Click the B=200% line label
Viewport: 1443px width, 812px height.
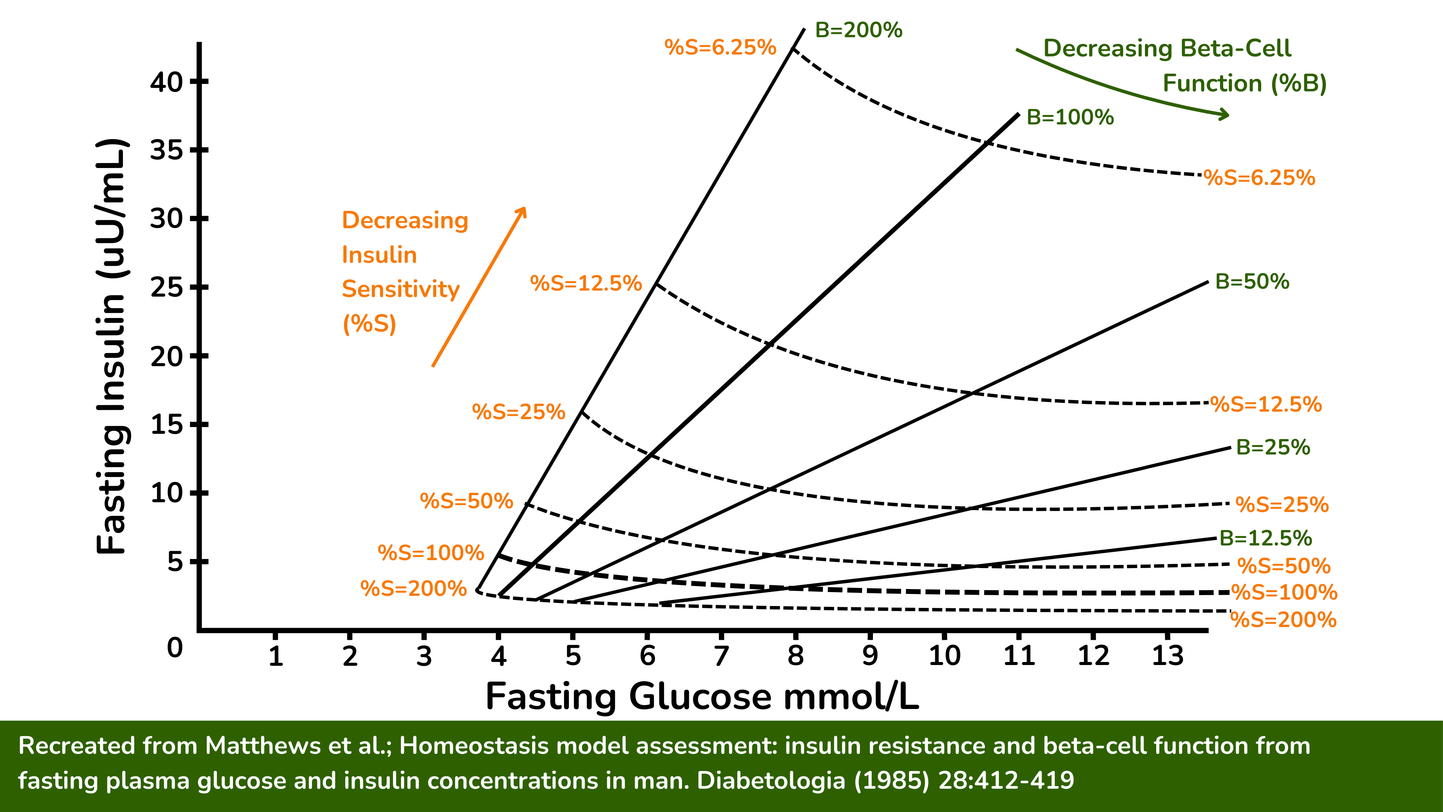click(x=858, y=30)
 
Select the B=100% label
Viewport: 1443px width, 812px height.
click(x=1070, y=118)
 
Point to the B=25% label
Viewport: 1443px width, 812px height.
click(x=1273, y=447)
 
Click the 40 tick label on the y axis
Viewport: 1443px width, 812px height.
click(x=166, y=82)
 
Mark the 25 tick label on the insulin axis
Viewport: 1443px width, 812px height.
click(x=166, y=288)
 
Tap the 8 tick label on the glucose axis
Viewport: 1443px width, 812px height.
click(x=796, y=655)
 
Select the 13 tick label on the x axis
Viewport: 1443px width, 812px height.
click(x=1168, y=655)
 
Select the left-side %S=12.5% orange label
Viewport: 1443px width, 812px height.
click(x=585, y=283)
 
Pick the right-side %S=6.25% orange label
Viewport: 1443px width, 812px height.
click(x=1259, y=178)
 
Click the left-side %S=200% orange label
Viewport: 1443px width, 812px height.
click(x=413, y=588)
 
